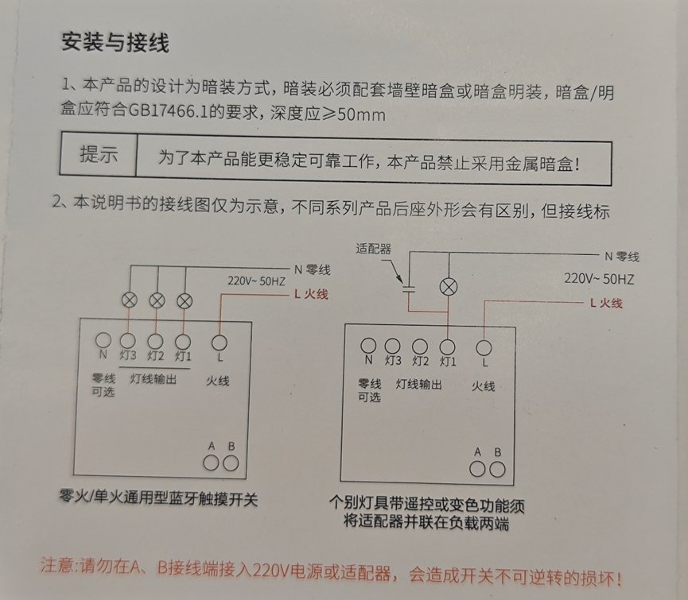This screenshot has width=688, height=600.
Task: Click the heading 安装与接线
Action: [115, 42]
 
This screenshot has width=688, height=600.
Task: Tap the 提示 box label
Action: [99, 154]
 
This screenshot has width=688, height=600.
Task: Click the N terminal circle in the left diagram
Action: [103, 339]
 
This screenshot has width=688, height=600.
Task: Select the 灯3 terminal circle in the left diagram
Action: [128, 341]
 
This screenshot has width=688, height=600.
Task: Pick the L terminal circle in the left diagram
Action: [220, 343]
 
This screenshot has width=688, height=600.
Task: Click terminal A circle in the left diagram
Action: [211, 463]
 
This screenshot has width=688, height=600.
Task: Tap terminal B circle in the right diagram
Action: [497, 470]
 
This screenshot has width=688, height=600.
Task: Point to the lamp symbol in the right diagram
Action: [449, 288]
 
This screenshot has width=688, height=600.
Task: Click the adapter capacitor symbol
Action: [409, 288]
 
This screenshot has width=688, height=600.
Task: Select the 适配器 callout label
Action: [373, 249]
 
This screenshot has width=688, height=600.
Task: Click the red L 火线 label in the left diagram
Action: [311, 294]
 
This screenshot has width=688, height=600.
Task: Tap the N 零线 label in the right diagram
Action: [622, 257]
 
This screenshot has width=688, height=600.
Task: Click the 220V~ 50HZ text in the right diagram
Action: [599, 279]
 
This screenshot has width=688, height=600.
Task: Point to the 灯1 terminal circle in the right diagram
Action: [448, 346]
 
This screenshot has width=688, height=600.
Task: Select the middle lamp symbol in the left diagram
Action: [157, 300]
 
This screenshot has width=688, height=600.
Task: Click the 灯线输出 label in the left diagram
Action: [154, 378]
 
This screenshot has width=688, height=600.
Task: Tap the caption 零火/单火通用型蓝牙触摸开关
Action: [158, 498]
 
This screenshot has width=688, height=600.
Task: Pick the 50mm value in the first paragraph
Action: [362, 114]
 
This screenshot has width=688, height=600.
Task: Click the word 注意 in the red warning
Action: [57, 564]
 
